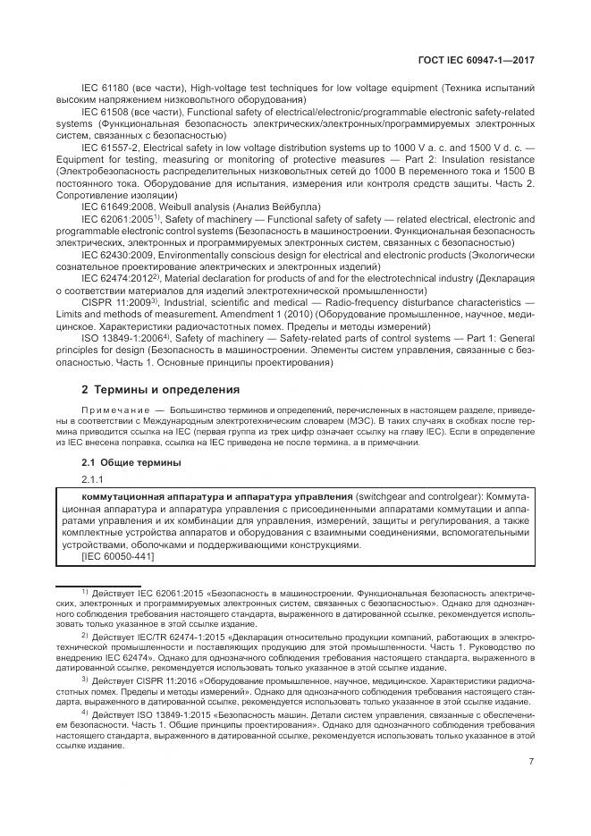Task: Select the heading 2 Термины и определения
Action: tap(161, 390)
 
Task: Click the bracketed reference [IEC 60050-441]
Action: tap(118, 557)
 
